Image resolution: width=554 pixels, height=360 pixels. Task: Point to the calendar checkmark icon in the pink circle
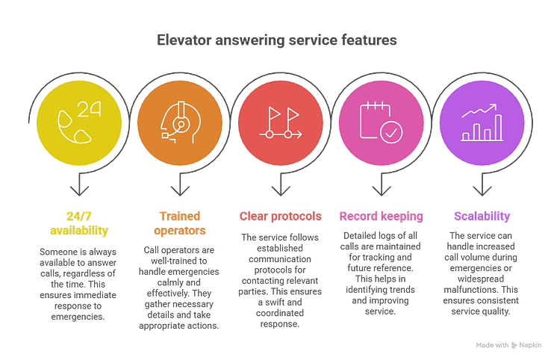tap(381, 122)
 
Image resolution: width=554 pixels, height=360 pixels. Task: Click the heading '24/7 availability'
tap(77, 223)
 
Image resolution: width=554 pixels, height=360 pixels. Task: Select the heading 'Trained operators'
tap(178, 223)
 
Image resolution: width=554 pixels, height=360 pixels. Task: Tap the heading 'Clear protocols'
tap(280, 216)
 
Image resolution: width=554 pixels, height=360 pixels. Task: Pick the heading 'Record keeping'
tap(381, 216)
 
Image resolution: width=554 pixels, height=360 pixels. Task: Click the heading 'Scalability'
tap(482, 216)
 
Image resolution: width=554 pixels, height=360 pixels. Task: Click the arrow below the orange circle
tap(178, 184)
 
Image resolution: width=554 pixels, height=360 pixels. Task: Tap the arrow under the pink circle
tap(381, 184)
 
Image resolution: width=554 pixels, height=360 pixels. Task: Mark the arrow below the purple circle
tap(482, 184)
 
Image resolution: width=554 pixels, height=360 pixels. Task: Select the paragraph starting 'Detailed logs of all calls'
tap(381, 273)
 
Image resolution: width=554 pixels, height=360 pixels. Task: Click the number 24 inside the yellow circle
tap(87, 108)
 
